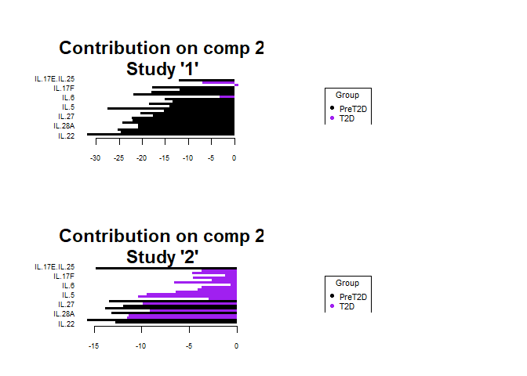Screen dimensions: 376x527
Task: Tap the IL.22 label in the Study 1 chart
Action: tap(66, 136)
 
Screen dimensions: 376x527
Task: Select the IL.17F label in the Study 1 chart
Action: tap(64, 89)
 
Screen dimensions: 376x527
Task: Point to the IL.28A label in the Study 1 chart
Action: tap(64, 126)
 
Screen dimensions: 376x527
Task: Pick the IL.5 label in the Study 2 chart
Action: tap(68, 295)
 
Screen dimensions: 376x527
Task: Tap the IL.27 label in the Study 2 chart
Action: tap(66, 305)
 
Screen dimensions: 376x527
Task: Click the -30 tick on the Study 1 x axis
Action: tap(95, 157)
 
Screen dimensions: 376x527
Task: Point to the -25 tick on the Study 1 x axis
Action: tap(118, 157)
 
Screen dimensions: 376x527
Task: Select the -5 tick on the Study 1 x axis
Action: tap(210, 157)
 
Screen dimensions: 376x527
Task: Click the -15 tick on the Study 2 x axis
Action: tap(94, 345)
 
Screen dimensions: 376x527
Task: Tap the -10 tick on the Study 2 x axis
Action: tap(141, 345)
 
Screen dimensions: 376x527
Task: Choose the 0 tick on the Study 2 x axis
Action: tap(236, 345)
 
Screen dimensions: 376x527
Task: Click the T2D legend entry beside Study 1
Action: tap(347, 118)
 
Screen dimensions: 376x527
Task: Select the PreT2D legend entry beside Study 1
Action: tap(352, 109)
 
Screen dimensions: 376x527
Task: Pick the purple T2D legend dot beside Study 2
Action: tap(332, 306)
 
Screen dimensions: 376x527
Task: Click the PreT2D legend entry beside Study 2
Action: tap(352, 297)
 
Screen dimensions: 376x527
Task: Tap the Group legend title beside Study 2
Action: tap(347, 283)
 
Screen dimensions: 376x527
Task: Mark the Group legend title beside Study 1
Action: tap(347, 95)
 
